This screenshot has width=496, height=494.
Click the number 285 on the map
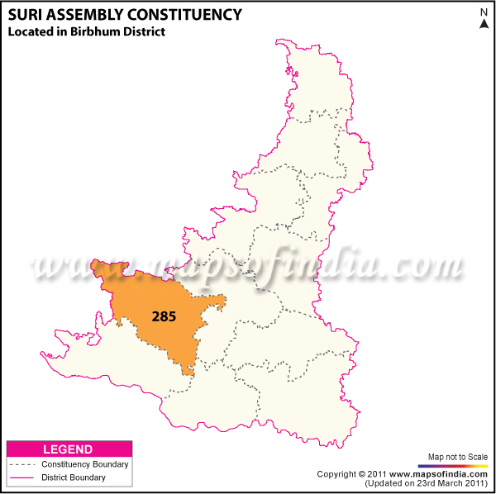click(164, 316)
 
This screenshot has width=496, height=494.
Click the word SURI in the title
click(23, 14)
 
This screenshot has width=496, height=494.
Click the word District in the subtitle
click(142, 32)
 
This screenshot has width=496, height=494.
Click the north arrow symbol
click(484, 24)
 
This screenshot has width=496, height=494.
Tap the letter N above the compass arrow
click(484, 11)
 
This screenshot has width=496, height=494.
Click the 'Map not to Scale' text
click(458, 457)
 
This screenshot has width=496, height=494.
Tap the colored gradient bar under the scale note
click(458, 466)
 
